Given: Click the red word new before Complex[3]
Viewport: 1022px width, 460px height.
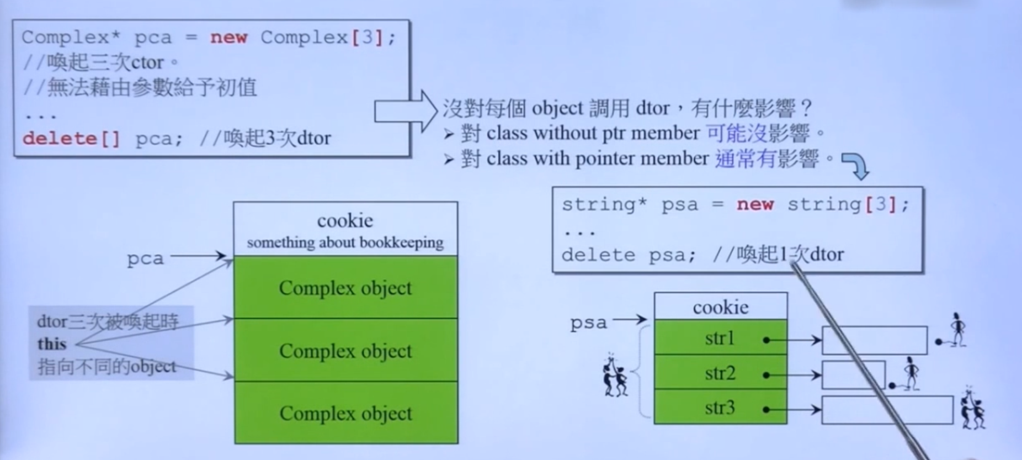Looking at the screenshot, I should tap(228, 38).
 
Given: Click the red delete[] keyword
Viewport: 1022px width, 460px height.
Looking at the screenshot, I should tap(71, 138).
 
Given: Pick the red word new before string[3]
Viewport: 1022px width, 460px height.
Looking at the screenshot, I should tap(755, 204).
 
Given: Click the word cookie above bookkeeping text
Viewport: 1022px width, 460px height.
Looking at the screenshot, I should tap(345, 221).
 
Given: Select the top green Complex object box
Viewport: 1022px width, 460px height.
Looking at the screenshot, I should tap(345, 287).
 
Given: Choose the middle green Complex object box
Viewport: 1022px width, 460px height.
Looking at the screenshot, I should tap(345, 350).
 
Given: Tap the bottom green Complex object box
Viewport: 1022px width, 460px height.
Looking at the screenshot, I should tap(345, 413).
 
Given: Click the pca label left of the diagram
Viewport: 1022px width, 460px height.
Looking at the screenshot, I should tap(145, 258).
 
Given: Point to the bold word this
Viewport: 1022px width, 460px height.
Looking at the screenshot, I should tap(52, 344).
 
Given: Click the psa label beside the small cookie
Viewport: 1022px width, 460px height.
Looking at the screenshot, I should tap(588, 322).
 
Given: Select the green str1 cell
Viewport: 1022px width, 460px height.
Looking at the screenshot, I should tap(720, 338).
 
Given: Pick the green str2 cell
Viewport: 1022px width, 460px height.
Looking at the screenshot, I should tap(720, 373).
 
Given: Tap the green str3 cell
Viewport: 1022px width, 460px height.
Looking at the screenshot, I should tap(720, 408).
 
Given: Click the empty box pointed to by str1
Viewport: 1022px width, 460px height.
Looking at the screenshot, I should tap(874, 340).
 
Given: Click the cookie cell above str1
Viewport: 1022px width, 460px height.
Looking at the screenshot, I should tap(721, 307).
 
